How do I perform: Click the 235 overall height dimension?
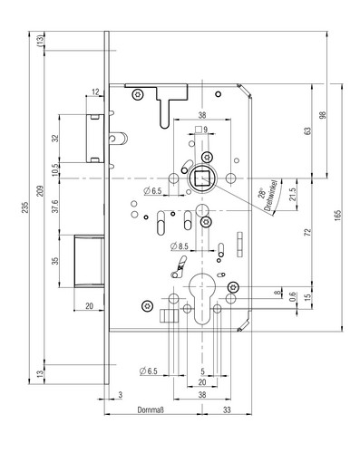25,207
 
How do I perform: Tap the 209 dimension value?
40,191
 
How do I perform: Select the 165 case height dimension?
338,216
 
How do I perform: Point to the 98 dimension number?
323,115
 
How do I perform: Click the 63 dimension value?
307,131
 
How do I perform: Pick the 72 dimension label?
307,232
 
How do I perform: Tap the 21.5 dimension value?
292,195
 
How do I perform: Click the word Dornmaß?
151,410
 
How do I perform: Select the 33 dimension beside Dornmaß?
227,410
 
